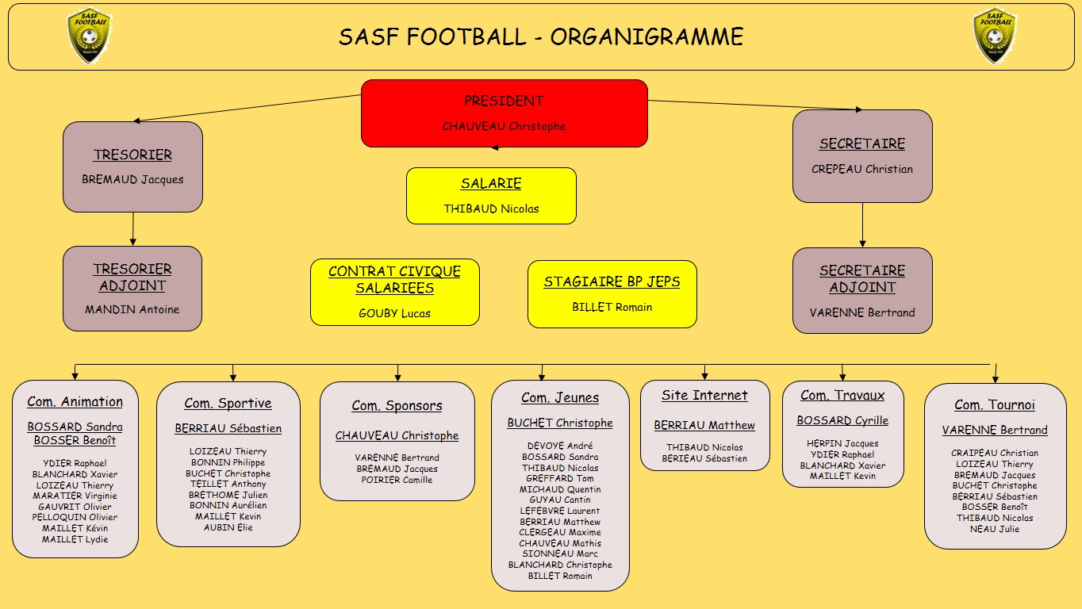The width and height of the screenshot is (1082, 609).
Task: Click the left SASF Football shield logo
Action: [x=90, y=35]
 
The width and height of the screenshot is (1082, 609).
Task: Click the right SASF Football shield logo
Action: [x=995, y=35]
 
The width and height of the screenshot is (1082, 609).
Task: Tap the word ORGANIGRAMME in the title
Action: [x=647, y=36]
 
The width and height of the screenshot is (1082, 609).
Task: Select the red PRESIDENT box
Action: [x=505, y=113]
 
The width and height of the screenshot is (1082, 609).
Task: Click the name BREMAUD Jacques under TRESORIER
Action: [x=132, y=180]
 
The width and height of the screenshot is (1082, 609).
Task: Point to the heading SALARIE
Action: [x=491, y=183]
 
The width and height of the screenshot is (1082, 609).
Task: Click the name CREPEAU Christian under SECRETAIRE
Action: [x=862, y=169]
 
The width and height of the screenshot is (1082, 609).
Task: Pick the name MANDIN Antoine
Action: [x=132, y=309]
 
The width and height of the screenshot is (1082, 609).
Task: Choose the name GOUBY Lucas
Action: [x=394, y=313]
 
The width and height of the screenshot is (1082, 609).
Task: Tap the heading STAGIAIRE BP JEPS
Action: [x=612, y=282]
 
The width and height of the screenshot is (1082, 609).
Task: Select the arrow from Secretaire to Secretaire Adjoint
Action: [x=863, y=225]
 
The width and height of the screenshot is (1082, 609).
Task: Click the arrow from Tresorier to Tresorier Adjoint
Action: [x=132, y=229]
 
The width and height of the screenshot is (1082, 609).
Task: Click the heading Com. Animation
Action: [x=75, y=402]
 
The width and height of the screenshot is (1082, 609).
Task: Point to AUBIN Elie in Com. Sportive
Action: [x=228, y=527]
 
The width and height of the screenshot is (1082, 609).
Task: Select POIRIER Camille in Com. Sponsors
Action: [x=397, y=480]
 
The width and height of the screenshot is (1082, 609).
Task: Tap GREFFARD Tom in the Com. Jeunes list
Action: [x=560, y=478]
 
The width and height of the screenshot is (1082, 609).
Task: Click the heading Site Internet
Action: [x=704, y=396]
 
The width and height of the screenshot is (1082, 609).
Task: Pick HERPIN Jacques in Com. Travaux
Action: [x=842, y=443]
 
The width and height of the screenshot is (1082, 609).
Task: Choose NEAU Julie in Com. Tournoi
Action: [x=995, y=529]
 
